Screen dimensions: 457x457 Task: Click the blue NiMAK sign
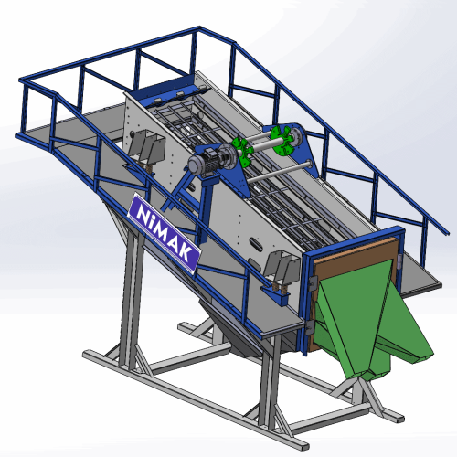tap(164, 233)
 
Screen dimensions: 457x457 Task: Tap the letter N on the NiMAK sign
tap(142, 213)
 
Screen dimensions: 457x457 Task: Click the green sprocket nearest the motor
tap(241, 150)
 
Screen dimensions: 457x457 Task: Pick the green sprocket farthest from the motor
tap(282, 141)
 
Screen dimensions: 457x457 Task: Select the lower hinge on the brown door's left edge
tap(310, 328)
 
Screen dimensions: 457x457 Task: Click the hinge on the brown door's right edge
tap(399, 261)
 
